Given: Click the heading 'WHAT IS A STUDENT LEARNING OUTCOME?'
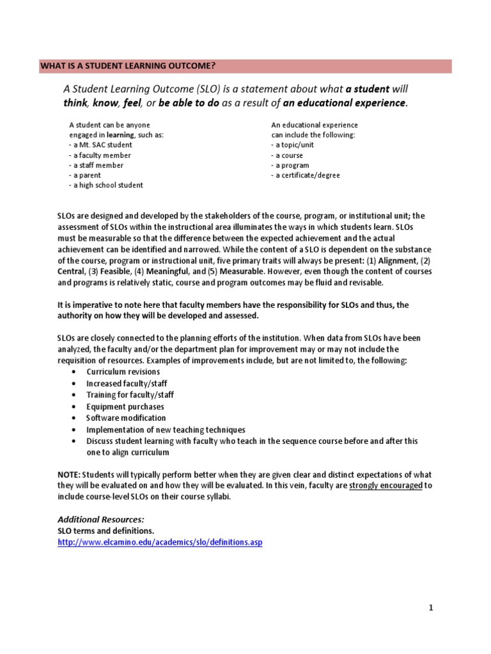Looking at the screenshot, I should [x=128, y=66].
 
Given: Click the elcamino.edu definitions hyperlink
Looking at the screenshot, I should [x=160, y=542].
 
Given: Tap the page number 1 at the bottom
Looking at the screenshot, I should [x=431, y=607].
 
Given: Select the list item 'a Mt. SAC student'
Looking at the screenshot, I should [x=101, y=145].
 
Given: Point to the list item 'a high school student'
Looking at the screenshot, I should [x=106, y=185].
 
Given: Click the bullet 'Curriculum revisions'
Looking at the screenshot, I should [x=123, y=372].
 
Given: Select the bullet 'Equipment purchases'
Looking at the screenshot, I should [x=125, y=407].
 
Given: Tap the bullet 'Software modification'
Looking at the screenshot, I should [x=126, y=418].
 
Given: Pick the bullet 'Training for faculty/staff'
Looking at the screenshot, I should [x=130, y=395].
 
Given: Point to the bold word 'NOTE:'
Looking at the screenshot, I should [x=69, y=475].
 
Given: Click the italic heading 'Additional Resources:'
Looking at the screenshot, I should [x=101, y=520].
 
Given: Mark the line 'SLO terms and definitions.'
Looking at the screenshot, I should [x=105, y=531].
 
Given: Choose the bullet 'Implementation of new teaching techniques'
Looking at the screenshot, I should [x=166, y=430].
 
